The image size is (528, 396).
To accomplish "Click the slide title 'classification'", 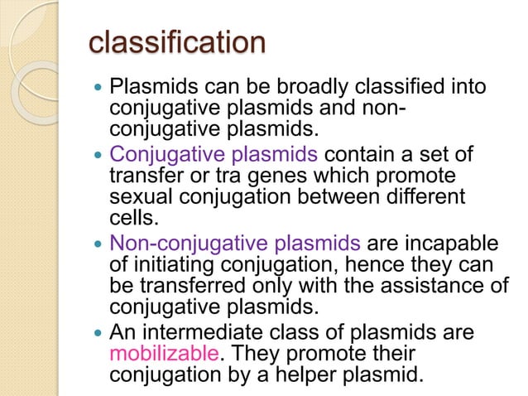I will pos(177,43).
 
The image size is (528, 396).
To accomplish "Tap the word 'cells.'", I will pos(131,217).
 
